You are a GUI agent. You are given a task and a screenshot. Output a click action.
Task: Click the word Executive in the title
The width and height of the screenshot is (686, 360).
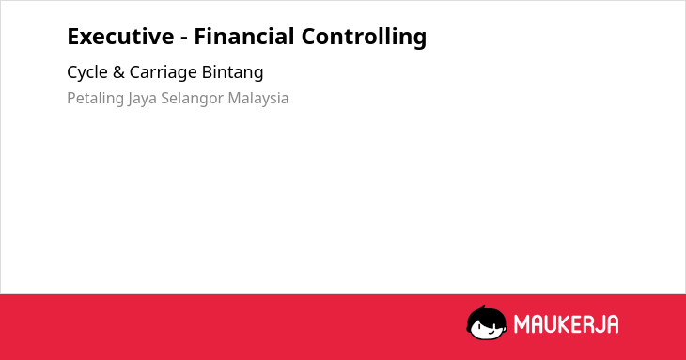120,37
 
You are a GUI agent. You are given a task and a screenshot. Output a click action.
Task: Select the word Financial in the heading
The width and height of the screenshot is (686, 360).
244,37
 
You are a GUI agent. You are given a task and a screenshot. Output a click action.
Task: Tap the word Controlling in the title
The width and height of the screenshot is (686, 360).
364,38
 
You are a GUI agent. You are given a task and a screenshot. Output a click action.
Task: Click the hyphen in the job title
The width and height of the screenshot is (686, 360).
184,38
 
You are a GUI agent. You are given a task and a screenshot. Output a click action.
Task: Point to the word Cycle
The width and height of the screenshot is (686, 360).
87,72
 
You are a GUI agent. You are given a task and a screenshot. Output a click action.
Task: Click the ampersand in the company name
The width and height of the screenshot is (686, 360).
118,72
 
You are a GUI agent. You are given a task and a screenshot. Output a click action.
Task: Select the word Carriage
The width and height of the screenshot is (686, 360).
164,72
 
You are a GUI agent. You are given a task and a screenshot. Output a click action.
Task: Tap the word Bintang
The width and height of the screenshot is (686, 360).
233,72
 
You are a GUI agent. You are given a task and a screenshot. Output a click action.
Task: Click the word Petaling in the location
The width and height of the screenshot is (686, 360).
95,99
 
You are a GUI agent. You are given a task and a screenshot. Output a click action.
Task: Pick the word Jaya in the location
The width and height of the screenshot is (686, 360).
142,99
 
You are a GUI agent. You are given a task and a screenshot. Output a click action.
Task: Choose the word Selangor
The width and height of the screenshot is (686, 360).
193,99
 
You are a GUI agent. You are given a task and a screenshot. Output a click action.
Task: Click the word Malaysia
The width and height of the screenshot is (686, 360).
258,99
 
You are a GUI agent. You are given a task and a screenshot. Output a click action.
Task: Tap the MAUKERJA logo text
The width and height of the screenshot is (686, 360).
566,324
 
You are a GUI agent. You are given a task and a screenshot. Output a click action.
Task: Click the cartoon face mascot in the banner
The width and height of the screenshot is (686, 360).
487,322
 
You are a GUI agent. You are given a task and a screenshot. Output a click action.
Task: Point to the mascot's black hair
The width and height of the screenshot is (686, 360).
486,315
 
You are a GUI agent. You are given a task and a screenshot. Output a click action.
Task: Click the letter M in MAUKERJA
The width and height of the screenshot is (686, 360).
522,324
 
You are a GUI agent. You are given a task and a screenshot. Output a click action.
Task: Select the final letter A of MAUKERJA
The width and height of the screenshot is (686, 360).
612,324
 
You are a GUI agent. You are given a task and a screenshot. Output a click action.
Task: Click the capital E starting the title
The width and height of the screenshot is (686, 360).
73,37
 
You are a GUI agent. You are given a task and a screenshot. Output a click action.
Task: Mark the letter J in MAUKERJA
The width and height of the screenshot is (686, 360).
599,324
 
